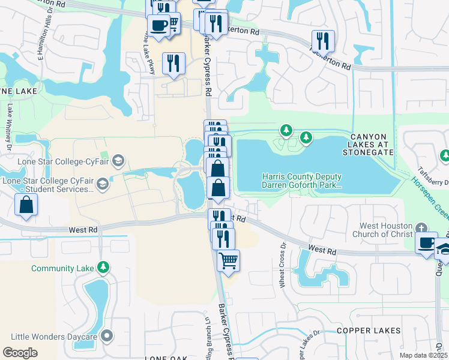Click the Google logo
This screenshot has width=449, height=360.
[20, 353]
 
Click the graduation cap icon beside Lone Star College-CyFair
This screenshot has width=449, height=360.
[119, 160]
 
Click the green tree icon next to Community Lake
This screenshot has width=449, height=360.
[104, 266]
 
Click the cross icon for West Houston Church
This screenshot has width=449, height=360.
[421, 228]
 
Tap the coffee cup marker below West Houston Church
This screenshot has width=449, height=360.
[426, 243]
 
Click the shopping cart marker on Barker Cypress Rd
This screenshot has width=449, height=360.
[228, 261]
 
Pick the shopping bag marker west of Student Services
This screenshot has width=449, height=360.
[27, 205]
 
